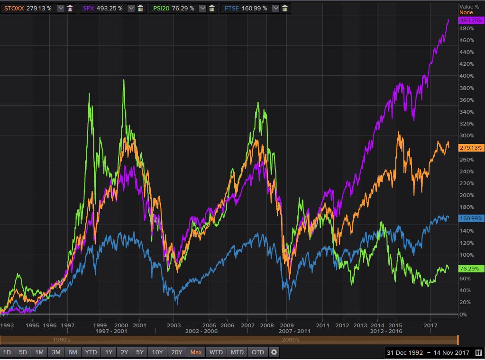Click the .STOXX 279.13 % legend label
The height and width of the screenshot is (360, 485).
pyautogui.click(x=27, y=8)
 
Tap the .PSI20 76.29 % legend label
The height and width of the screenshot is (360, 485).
pyautogui.click(x=173, y=8)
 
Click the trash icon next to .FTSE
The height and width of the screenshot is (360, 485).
pyautogui.click(x=284, y=8)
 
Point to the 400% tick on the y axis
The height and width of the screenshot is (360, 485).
pyautogui.click(x=467, y=76)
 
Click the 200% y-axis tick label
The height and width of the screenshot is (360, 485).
pyautogui.click(x=467, y=195)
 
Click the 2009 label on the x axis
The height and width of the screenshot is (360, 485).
pyautogui.click(x=286, y=325)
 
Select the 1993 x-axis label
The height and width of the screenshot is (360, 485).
pyautogui.click(x=7, y=325)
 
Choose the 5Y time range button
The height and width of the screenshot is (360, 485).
pyautogui.click(x=139, y=352)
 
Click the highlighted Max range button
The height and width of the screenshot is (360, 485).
pyautogui.click(x=196, y=352)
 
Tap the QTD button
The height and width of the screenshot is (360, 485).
pyautogui.click(x=258, y=352)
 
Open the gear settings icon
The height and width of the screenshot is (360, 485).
pyautogui.click(x=274, y=352)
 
